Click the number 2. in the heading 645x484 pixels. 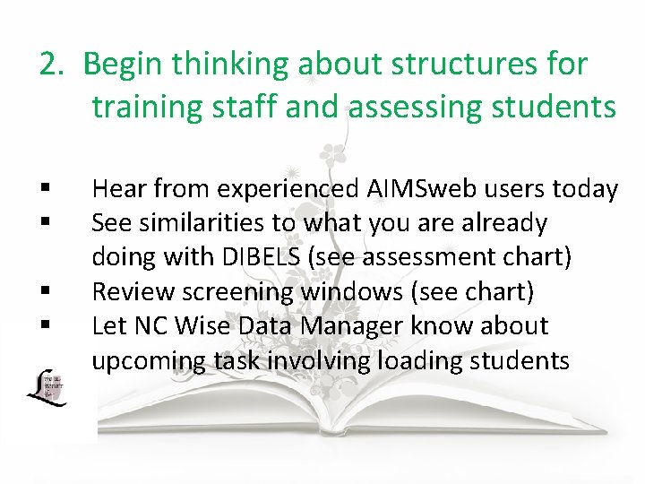53,65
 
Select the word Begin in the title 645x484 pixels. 123,65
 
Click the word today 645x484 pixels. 585,189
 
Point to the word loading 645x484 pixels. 434,360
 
